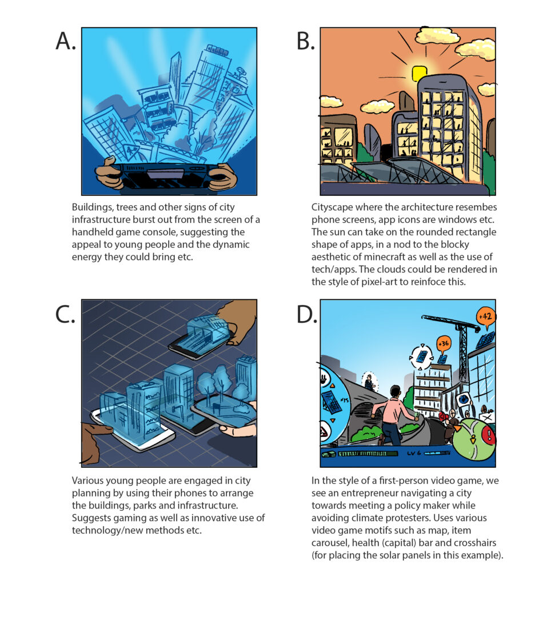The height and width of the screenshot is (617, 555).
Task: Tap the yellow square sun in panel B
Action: [x=420, y=73]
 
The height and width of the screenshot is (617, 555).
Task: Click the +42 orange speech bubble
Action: [x=485, y=315]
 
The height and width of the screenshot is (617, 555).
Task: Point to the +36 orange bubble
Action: [x=443, y=344]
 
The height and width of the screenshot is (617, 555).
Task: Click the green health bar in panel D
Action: [x=366, y=454]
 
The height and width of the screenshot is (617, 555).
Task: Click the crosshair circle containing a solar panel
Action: [x=421, y=356]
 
